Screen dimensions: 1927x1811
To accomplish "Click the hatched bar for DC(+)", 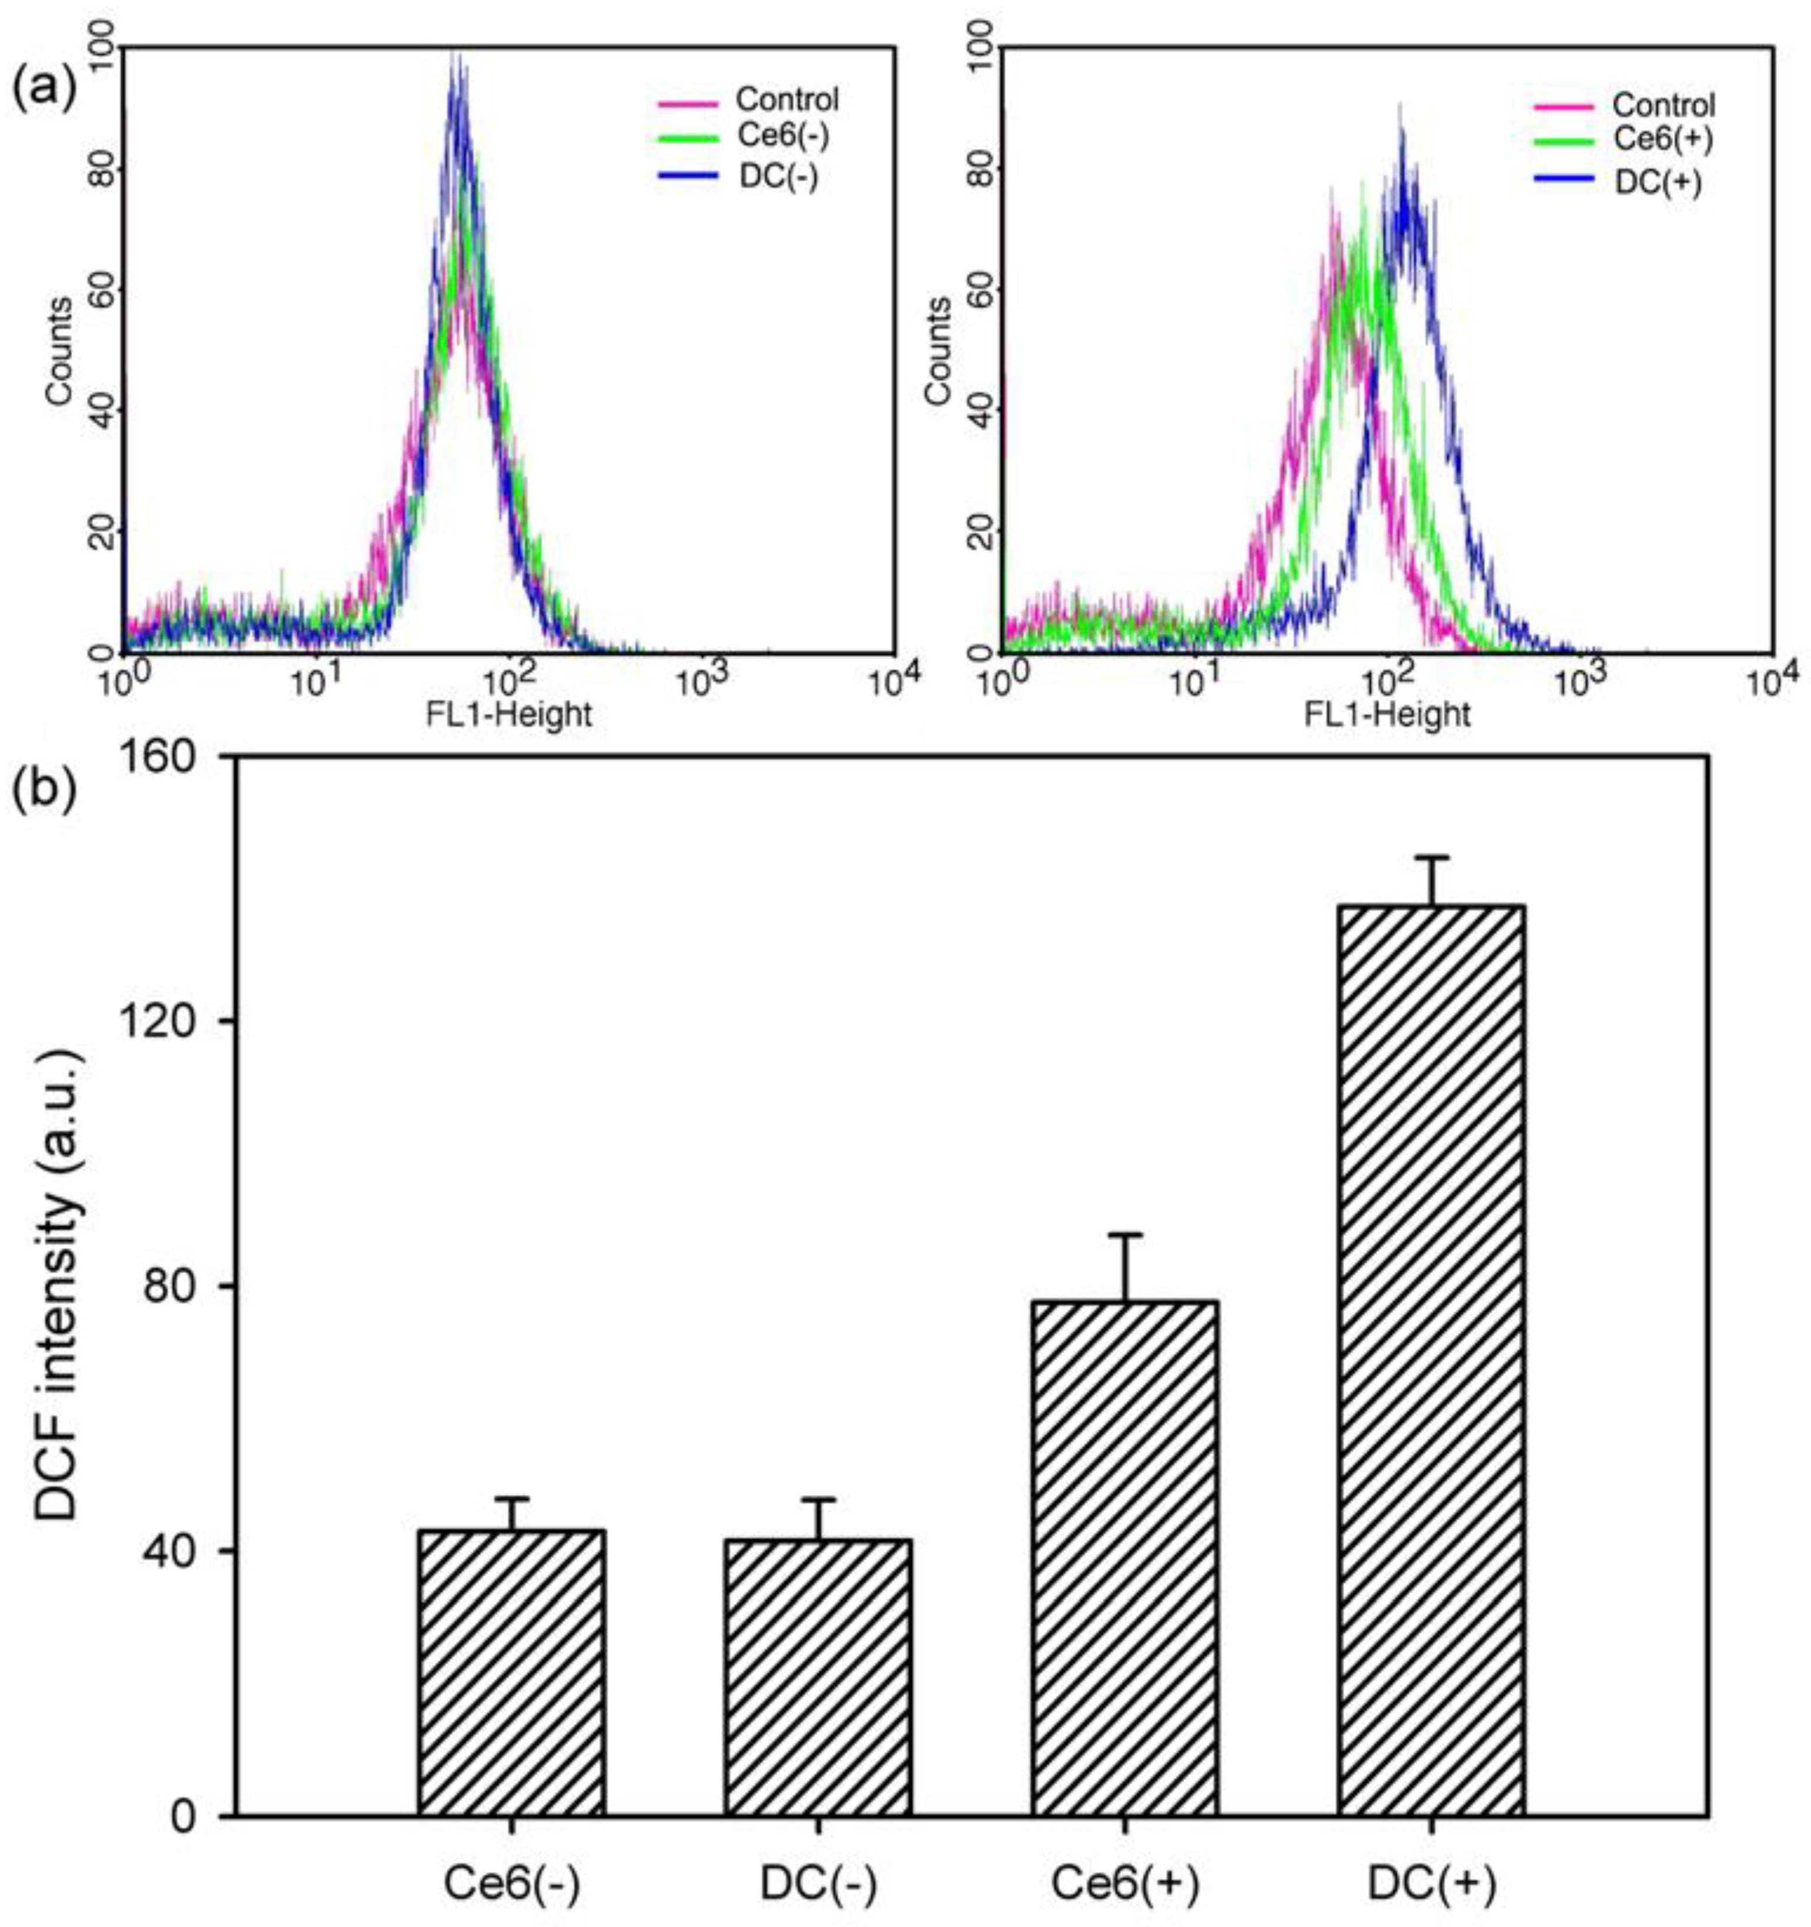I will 1431,1357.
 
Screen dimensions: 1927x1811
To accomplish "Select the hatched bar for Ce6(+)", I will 1125,1551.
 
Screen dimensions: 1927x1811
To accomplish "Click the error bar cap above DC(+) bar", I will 1431,857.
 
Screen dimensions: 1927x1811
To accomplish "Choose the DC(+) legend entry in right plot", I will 1658,183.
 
